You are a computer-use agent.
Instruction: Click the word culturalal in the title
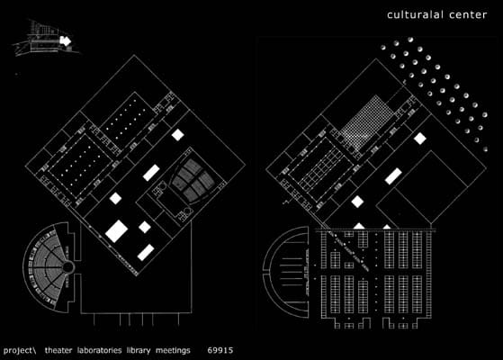[416, 14]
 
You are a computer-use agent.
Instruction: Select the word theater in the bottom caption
[58, 350]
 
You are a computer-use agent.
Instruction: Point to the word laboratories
[100, 350]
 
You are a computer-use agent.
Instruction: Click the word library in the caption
[139, 351]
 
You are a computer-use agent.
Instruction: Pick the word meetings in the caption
[173, 351]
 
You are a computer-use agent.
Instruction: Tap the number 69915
[220, 350]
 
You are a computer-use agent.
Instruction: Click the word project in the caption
[17, 351]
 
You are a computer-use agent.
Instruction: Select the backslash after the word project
[34, 350]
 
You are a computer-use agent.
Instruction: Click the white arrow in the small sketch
[65, 40]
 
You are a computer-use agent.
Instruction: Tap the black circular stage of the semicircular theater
[67, 267]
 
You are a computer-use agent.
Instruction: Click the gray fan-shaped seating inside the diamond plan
[193, 181]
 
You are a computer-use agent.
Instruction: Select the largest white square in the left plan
[116, 231]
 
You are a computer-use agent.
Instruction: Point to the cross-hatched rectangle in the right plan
[367, 122]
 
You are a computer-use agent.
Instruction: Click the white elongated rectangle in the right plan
[393, 176]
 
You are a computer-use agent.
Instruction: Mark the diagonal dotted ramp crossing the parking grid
[350, 250]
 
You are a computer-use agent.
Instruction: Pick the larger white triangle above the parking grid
[359, 226]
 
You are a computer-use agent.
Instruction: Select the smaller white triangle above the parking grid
[387, 227]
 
